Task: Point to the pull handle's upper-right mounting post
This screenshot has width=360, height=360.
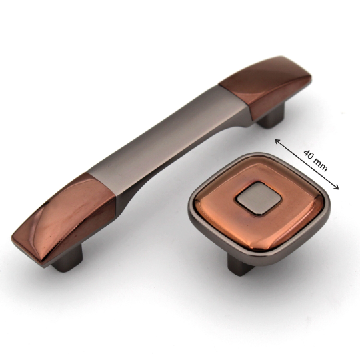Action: pyautogui.click(x=271, y=116)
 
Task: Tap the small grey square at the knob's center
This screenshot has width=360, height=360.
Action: pyautogui.click(x=259, y=198)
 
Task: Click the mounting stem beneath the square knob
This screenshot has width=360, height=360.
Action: pyautogui.click(x=239, y=264)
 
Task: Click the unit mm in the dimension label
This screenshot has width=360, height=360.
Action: pyautogui.click(x=321, y=165)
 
